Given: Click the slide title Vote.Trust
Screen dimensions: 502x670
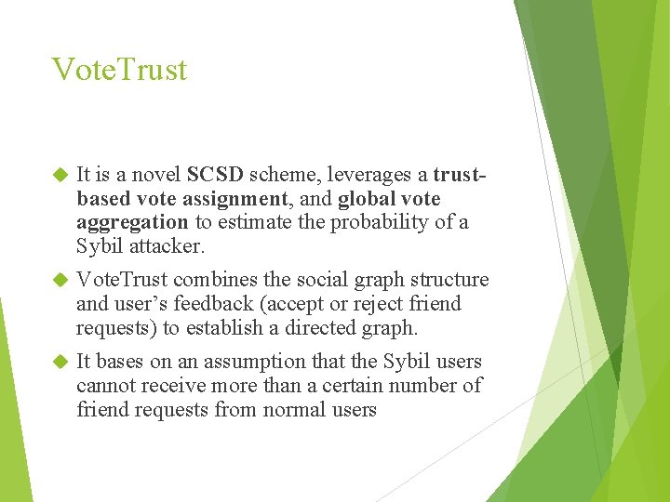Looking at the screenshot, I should point(119,70).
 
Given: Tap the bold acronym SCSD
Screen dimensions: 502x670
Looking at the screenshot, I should point(215,175).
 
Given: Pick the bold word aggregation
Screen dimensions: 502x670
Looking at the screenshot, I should point(132,223).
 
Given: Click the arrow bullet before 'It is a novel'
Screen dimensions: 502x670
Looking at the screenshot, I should point(60,175).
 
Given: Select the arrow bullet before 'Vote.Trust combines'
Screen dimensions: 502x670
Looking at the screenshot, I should point(60,280).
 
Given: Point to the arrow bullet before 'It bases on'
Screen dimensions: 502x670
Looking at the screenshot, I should point(60,362).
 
